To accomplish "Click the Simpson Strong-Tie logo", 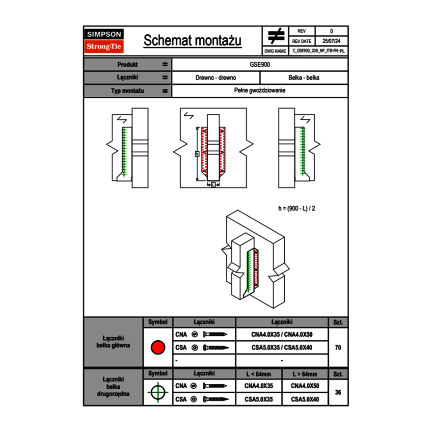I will point(105,41).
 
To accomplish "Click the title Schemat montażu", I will point(192,41).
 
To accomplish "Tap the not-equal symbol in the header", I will point(275,36).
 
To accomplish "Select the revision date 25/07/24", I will point(331,41).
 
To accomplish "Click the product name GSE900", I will point(260,64).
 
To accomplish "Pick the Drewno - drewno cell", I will point(216,78).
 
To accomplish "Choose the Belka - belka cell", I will point(304,78).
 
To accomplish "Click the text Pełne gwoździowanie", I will point(260,91).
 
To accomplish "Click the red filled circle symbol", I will point(158,348).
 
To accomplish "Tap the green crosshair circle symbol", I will point(158,392).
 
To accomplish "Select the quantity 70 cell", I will point(338,348).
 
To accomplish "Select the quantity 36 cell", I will point(338,392).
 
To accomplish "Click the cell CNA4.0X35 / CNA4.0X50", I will point(282,334).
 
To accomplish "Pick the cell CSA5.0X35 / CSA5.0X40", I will point(282,348).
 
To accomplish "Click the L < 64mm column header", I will point(259,374).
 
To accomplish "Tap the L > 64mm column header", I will point(305,374).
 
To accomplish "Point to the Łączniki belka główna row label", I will point(113,342).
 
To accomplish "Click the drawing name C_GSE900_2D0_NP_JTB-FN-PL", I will point(319,51).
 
